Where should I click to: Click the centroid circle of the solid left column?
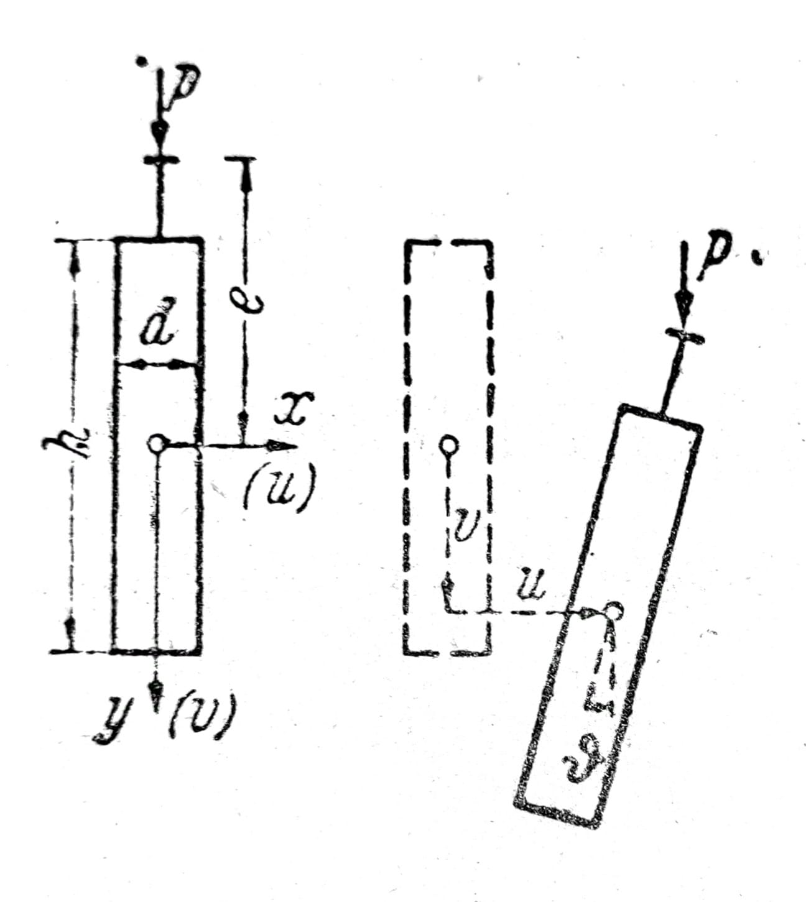pyautogui.click(x=157, y=444)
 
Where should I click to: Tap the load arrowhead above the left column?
pyautogui.click(x=160, y=134)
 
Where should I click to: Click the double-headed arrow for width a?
pyautogui.click(x=157, y=365)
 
